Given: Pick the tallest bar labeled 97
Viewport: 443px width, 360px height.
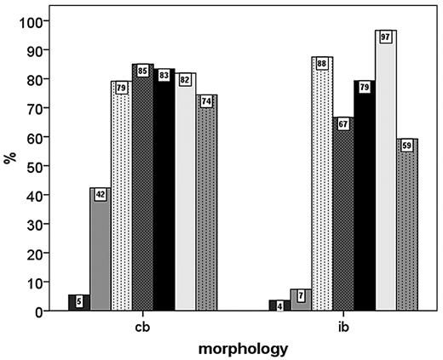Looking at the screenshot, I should click(386, 170).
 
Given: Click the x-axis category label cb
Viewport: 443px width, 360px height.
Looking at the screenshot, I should click(142, 325).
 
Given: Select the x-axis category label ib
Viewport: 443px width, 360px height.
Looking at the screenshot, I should click(343, 325).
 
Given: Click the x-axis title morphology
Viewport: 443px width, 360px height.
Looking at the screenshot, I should click(243, 348).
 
